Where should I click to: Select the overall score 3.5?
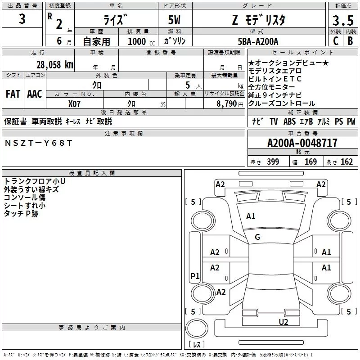pyautogui.click(x=342, y=21)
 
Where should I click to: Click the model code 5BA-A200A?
pyautogui.click(x=258, y=41)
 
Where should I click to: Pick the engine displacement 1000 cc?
pyautogui.click(x=141, y=41)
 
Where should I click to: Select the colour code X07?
pyautogui.click(x=75, y=103)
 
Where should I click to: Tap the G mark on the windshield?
pyautogui.click(x=257, y=237)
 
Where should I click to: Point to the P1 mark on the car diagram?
pyautogui.click(x=195, y=276)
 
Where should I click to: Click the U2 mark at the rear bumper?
pyautogui.click(x=283, y=321)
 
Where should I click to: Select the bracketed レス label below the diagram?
pyautogui.click(x=197, y=344)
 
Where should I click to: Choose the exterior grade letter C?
pyautogui.click(x=335, y=41)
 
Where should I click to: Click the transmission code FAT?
pyautogui.click(x=13, y=94)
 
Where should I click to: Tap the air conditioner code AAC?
pyautogui.click(x=34, y=94)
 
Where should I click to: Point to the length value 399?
pyautogui.click(x=273, y=162)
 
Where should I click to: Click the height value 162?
pyautogui.click(x=346, y=162)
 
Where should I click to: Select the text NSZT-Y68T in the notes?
pyautogui.click(x=38, y=143)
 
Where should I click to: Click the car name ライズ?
pyautogui.click(x=115, y=20)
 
